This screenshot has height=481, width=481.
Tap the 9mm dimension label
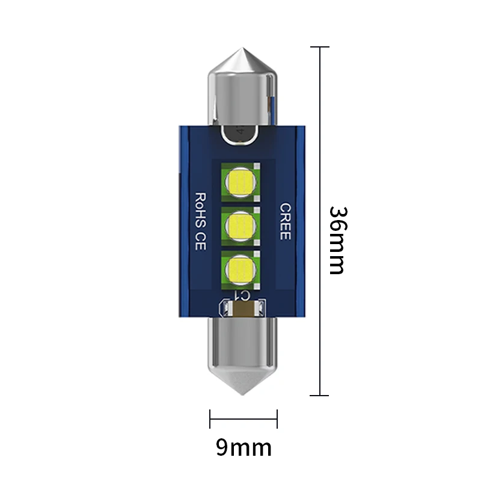pos(244,447)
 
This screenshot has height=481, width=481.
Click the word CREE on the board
pos(285,221)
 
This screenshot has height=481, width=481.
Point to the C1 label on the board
pos(243,295)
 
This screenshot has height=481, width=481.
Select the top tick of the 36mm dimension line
pos(319,47)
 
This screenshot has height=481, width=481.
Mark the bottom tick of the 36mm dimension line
pos(319,396)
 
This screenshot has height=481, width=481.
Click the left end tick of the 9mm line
pos(210,418)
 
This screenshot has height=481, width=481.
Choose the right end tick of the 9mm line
pos(277,418)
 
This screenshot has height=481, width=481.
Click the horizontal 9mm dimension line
pos(244,418)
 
